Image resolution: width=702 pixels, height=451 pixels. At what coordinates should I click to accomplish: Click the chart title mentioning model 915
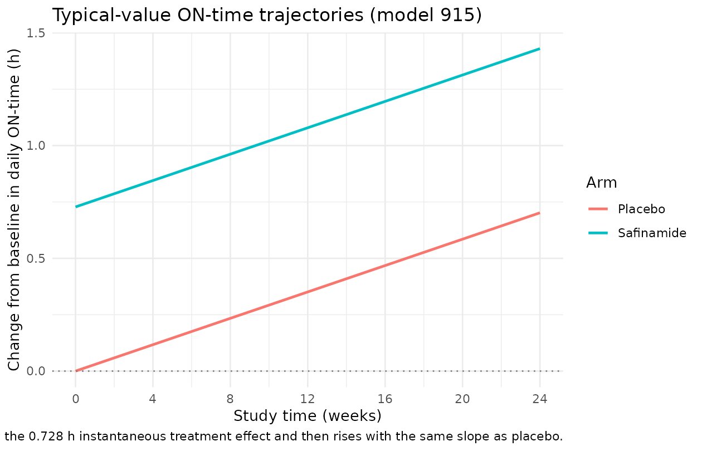tap(267, 15)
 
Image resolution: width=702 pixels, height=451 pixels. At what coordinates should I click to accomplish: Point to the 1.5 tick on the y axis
tap(36, 33)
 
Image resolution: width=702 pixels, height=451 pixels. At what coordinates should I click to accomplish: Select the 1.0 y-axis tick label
tap(36, 146)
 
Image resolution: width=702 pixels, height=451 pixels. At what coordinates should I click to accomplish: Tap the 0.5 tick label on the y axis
tap(36, 258)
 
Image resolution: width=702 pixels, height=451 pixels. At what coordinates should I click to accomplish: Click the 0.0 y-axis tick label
tap(36, 371)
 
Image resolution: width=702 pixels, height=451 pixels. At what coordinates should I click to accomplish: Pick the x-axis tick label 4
tap(153, 399)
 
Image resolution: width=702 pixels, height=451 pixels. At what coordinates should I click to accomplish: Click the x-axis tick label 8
tap(230, 399)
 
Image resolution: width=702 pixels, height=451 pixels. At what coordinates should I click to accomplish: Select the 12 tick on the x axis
tap(308, 399)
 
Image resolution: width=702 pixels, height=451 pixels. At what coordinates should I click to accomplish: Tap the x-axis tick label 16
tap(385, 399)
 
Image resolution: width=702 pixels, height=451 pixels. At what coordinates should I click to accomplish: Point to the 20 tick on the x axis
tap(462, 399)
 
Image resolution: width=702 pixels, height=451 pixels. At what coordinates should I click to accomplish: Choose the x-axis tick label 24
tap(540, 399)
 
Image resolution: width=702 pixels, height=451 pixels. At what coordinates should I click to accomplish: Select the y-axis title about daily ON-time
tap(14, 210)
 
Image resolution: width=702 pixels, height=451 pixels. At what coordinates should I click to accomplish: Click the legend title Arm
tap(601, 183)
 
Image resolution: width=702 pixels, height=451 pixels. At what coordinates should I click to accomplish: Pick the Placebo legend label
tap(641, 209)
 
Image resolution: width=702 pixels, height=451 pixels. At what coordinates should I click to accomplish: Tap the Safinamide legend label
tap(652, 233)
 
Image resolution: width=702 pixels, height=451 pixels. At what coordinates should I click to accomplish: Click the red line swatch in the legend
tap(598, 209)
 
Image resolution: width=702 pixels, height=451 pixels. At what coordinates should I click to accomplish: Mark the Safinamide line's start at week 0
tap(76, 207)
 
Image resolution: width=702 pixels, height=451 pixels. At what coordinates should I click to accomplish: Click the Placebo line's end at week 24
tap(540, 213)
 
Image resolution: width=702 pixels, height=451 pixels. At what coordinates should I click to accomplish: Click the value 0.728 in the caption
tap(46, 437)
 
